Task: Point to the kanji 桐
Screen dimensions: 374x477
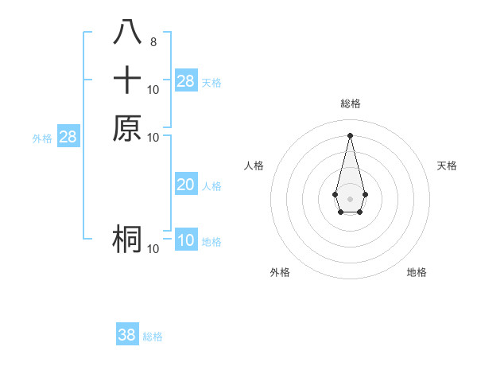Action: (x=127, y=239)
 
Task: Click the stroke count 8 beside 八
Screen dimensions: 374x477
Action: (x=153, y=42)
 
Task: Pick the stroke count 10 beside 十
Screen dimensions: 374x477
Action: (x=153, y=89)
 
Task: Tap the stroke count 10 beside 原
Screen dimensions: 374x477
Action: (x=153, y=137)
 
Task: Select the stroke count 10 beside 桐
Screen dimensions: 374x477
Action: (x=153, y=249)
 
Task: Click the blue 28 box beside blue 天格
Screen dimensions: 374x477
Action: (x=186, y=81)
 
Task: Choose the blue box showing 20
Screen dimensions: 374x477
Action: (x=186, y=185)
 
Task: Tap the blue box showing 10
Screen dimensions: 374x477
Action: (x=186, y=240)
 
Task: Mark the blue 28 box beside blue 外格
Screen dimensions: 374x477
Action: (x=68, y=137)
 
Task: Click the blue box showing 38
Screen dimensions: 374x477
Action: (x=127, y=335)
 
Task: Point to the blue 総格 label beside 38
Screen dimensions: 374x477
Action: (x=153, y=337)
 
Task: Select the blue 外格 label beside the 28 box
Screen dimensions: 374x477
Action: (x=42, y=138)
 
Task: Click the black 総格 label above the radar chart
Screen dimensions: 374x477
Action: (x=351, y=103)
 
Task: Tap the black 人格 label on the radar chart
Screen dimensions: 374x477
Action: (x=254, y=166)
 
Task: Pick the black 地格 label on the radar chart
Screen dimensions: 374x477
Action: (x=417, y=272)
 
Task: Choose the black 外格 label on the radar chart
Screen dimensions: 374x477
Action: (x=280, y=272)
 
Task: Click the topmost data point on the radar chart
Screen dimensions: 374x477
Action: (x=350, y=135)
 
